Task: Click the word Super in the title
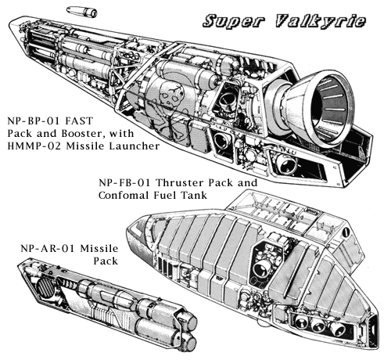(x=234, y=21)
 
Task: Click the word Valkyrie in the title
(x=321, y=21)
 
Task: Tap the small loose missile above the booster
(x=81, y=12)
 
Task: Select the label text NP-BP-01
(x=34, y=121)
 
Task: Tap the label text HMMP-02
(x=34, y=146)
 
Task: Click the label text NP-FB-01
(x=124, y=182)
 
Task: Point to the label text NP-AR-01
(x=48, y=248)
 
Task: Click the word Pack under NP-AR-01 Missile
(x=106, y=261)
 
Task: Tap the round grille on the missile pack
(x=45, y=288)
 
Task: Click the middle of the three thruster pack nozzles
(x=318, y=326)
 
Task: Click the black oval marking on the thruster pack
(x=346, y=232)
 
